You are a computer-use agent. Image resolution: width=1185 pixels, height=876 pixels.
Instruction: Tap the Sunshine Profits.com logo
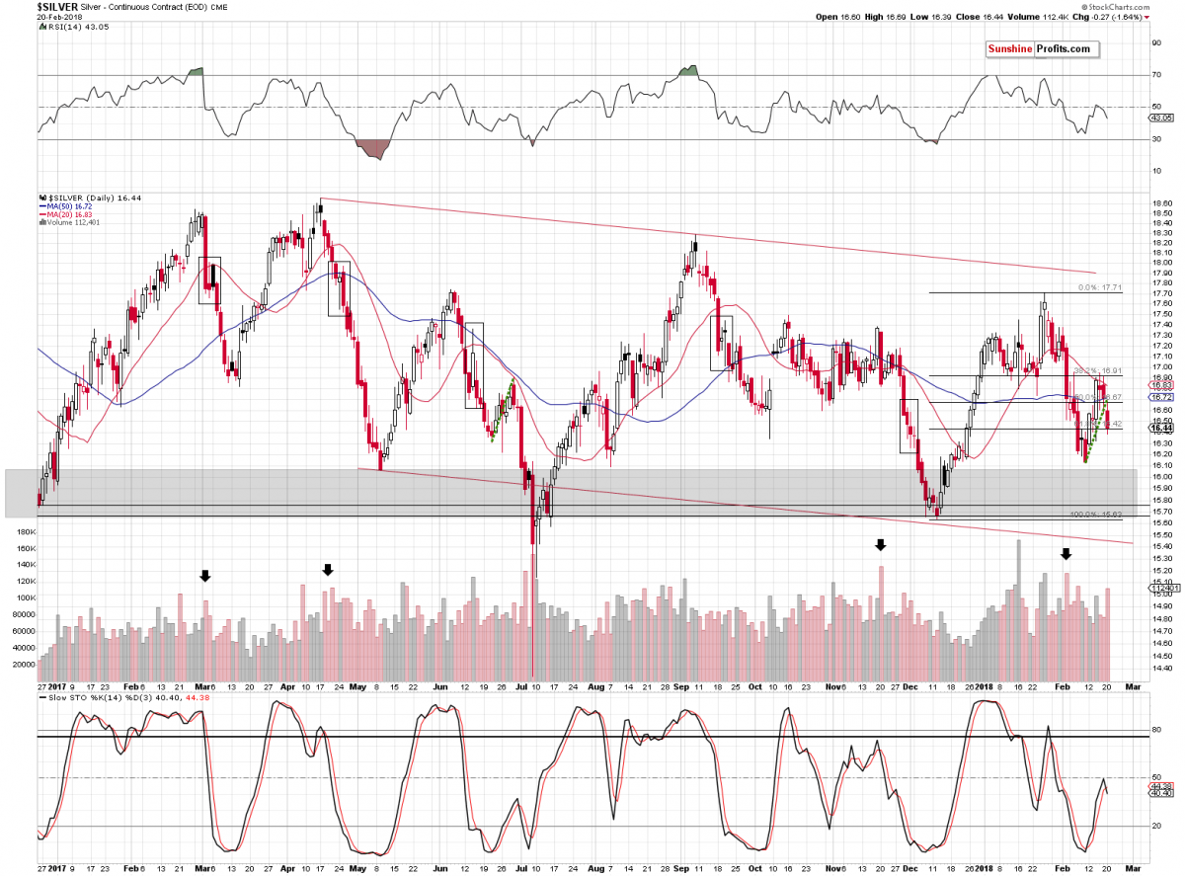coord(1039,49)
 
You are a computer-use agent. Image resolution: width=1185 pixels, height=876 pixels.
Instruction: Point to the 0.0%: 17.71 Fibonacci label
coord(1100,287)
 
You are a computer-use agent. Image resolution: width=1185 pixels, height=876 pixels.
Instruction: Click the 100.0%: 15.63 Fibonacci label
coord(1095,515)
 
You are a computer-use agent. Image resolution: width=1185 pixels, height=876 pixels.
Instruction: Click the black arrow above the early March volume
coord(205,575)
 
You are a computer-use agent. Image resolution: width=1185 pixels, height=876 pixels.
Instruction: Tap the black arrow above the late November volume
coord(881,544)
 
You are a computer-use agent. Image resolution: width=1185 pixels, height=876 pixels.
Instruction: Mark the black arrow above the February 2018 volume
coord(1066,554)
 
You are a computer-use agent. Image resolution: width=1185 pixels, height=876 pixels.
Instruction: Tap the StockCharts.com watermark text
coord(1145,5)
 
